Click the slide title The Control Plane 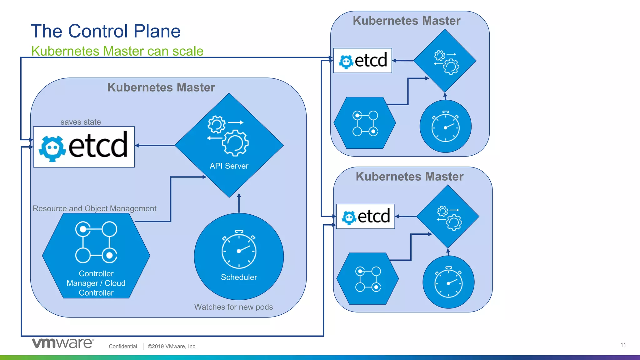pyautogui.click(x=106, y=31)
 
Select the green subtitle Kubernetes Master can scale pyautogui.click(x=117, y=51)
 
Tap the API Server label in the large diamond pyautogui.click(x=229, y=166)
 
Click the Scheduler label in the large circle pyautogui.click(x=239, y=277)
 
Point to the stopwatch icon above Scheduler pyautogui.click(x=239, y=249)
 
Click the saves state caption pyautogui.click(x=81, y=122)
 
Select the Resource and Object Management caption pyautogui.click(x=94, y=208)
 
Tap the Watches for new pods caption pyautogui.click(x=233, y=307)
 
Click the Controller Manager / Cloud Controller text pyautogui.click(x=96, y=283)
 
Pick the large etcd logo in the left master pyautogui.click(x=84, y=147)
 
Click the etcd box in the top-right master pyautogui.click(x=362, y=61)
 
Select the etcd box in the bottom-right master pyautogui.click(x=365, y=216)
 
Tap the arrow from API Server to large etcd pyautogui.click(x=155, y=146)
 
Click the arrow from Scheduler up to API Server pyautogui.click(x=239, y=203)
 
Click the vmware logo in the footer pyautogui.click(x=62, y=343)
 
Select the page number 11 pyautogui.click(x=623, y=345)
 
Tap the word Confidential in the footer pyautogui.click(x=123, y=346)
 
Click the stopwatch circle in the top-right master pyautogui.click(x=445, y=126)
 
